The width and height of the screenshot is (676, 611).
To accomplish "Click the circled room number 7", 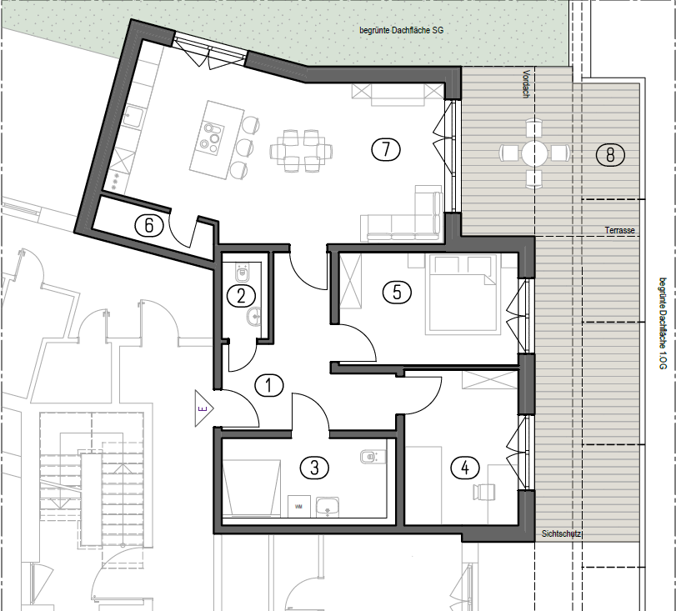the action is [386, 149].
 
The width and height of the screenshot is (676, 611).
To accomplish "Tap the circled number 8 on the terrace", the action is [610, 154].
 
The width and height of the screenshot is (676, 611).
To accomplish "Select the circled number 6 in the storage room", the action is [149, 226].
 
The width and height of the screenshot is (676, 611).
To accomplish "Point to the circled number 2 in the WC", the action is [241, 296].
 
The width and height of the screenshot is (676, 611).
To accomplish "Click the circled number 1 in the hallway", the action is [269, 385].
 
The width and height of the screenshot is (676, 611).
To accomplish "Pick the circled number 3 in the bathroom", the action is [314, 468].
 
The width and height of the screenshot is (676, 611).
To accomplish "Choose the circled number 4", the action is [465, 468].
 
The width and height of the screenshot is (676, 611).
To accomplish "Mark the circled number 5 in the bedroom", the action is [397, 293].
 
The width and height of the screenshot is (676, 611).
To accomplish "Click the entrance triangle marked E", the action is [203, 408].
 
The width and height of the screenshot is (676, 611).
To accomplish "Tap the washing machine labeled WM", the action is [298, 506].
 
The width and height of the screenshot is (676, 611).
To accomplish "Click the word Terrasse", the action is [619, 230].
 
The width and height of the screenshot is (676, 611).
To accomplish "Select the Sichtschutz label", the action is [561, 533].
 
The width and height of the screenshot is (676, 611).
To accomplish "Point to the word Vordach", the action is [525, 83].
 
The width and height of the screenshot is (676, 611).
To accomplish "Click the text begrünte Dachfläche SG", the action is [402, 30].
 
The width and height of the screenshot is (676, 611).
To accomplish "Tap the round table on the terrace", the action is [534, 153].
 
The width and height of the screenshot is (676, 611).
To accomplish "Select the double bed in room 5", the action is [463, 294].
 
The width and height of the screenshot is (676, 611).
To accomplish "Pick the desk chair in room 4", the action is [483, 492].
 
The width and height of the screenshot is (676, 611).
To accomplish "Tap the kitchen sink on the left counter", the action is [133, 118].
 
